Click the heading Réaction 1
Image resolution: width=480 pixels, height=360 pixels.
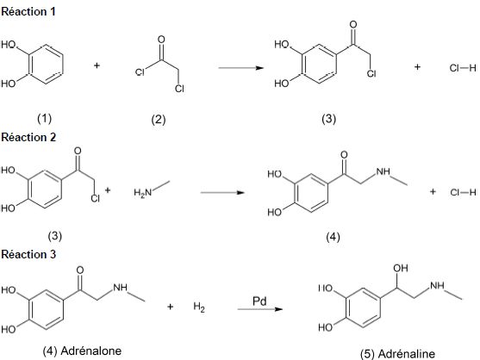click(28, 11)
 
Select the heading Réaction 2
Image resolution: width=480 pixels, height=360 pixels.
click(28, 137)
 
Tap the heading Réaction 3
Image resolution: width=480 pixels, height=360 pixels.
click(28, 254)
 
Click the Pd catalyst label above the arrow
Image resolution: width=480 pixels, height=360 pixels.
click(259, 301)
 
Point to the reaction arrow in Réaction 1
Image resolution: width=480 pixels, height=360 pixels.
click(241, 67)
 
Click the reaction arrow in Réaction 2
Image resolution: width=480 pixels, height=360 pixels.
click(222, 192)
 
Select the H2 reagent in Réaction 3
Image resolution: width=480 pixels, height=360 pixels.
click(199, 307)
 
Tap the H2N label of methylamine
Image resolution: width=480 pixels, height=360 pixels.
click(143, 193)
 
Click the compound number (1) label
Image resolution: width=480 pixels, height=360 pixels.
click(45, 118)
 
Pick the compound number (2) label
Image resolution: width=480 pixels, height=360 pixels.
click(159, 119)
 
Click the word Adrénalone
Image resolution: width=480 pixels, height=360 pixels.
click(91, 351)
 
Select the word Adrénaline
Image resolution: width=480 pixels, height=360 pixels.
click(407, 354)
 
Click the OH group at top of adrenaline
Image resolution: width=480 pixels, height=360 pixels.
click(401, 268)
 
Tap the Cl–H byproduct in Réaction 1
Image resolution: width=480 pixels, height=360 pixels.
click(463, 67)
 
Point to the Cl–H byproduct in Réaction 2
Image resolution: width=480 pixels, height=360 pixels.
click(463, 192)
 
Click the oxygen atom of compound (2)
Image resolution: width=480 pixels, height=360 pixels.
click(161, 40)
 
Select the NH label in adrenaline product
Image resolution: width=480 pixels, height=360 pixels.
click(437, 286)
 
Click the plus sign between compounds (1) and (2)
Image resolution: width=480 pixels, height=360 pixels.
click(97, 65)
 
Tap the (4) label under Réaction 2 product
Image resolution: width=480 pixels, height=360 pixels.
click(333, 237)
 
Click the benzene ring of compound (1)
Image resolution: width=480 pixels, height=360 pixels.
click(62, 65)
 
